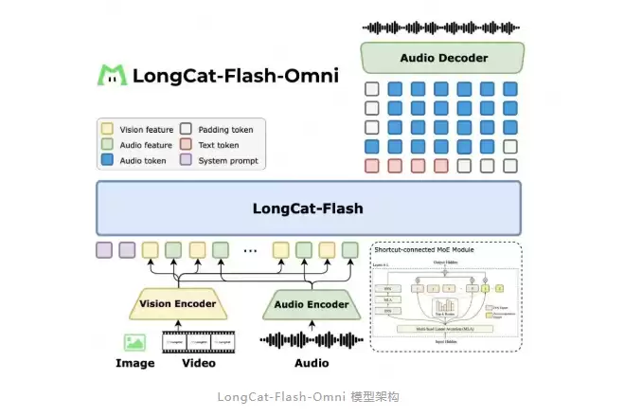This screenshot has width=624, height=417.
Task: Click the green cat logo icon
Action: (x=114, y=75)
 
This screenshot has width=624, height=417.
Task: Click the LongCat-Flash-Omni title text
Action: (x=235, y=75)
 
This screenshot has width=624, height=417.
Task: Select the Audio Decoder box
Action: (x=444, y=59)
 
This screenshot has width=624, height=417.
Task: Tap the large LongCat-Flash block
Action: (x=308, y=208)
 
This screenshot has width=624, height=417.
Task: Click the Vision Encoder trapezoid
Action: (x=178, y=305)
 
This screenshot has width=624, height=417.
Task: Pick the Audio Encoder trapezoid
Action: (x=312, y=305)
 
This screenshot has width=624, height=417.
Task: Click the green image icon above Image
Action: (x=134, y=341)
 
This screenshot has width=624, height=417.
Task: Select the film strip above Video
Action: (x=198, y=341)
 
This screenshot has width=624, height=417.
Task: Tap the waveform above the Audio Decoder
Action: (x=442, y=27)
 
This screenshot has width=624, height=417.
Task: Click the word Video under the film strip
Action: (x=198, y=363)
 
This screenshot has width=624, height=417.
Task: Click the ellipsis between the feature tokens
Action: (x=251, y=251)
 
